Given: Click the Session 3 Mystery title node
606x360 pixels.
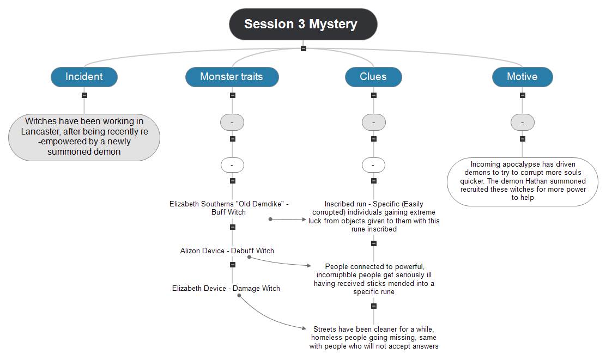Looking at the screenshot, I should click(303, 24).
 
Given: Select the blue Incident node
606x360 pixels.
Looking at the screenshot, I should click(84, 77).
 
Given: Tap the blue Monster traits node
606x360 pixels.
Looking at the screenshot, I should click(232, 77).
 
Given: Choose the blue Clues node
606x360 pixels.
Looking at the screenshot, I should click(373, 77).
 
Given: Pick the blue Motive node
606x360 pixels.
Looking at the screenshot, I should click(522, 77).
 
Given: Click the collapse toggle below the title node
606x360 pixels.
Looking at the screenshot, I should click(304, 48).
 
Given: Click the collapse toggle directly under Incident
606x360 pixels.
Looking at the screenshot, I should click(84, 95).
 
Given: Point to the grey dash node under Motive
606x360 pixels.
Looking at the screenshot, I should click(523, 123).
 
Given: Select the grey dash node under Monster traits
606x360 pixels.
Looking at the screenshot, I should click(232, 123).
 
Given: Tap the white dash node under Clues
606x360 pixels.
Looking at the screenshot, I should click(373, 164).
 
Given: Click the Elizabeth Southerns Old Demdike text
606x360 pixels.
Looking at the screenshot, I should click(229, 208).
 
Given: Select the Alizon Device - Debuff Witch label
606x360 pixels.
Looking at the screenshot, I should click(227, 251).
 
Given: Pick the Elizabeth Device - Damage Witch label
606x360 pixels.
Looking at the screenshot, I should click(226, 288).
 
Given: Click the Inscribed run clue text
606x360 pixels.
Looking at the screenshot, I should click(374, 217).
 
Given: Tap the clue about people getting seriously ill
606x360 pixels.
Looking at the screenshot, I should click(374, 279).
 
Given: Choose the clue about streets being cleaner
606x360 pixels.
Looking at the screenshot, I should click(374, 338).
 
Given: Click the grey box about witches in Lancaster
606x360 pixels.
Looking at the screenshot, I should click(84, 137).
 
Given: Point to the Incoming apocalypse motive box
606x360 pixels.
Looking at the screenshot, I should click(523, 181).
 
